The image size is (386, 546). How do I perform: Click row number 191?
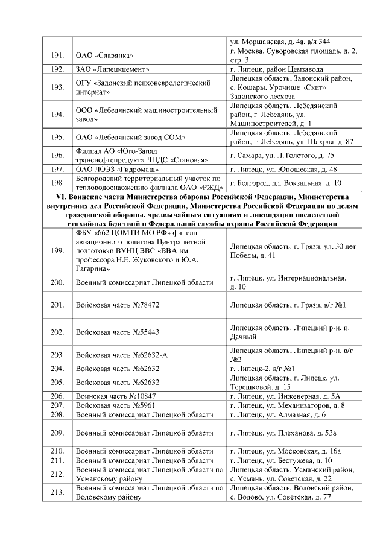pyautogui.click(x=57, y=56)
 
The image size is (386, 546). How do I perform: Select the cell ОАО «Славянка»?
pyautogui.click(x=105, y=56)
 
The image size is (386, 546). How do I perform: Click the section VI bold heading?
pyautogui.click(x=192, y=209)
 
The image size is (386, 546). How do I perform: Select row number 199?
pyautogui.click(x=57, y=251)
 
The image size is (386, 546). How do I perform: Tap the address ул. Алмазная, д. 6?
pyautogui.click(x=278, y=414)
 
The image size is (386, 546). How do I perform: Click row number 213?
pyautogui.click(x=57, y=492)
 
